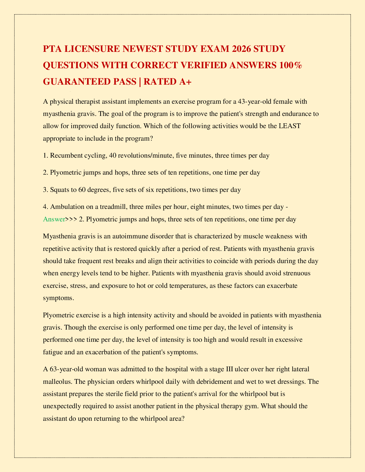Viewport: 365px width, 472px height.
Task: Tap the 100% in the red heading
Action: tap(287, 65)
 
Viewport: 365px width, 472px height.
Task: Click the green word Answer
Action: tap(54, 219)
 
